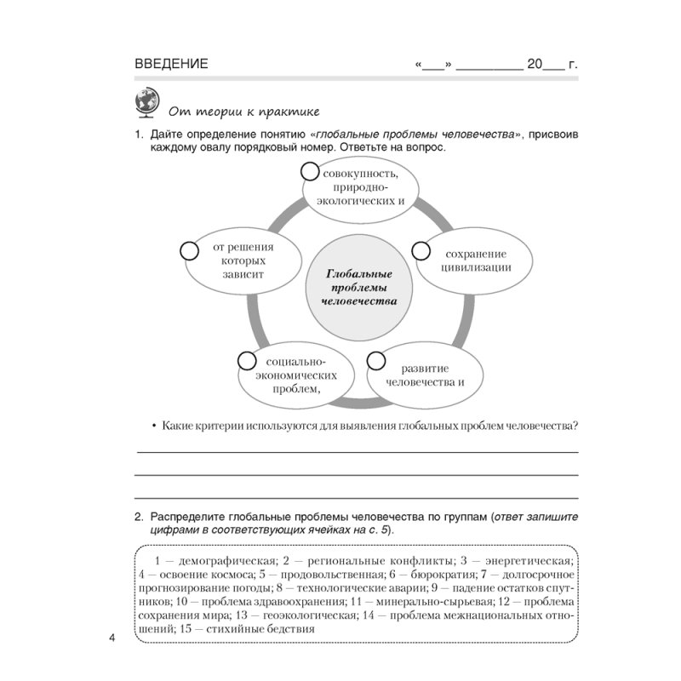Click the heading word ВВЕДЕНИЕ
tap(171, 64)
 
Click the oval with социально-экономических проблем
tap(295, 374)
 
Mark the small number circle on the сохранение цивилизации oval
tap(421, 250)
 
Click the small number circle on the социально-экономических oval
tap(246, 360)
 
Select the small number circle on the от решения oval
tap(189, 250)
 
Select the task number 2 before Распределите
tap(138, 517)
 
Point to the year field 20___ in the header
tap(545, 64)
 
